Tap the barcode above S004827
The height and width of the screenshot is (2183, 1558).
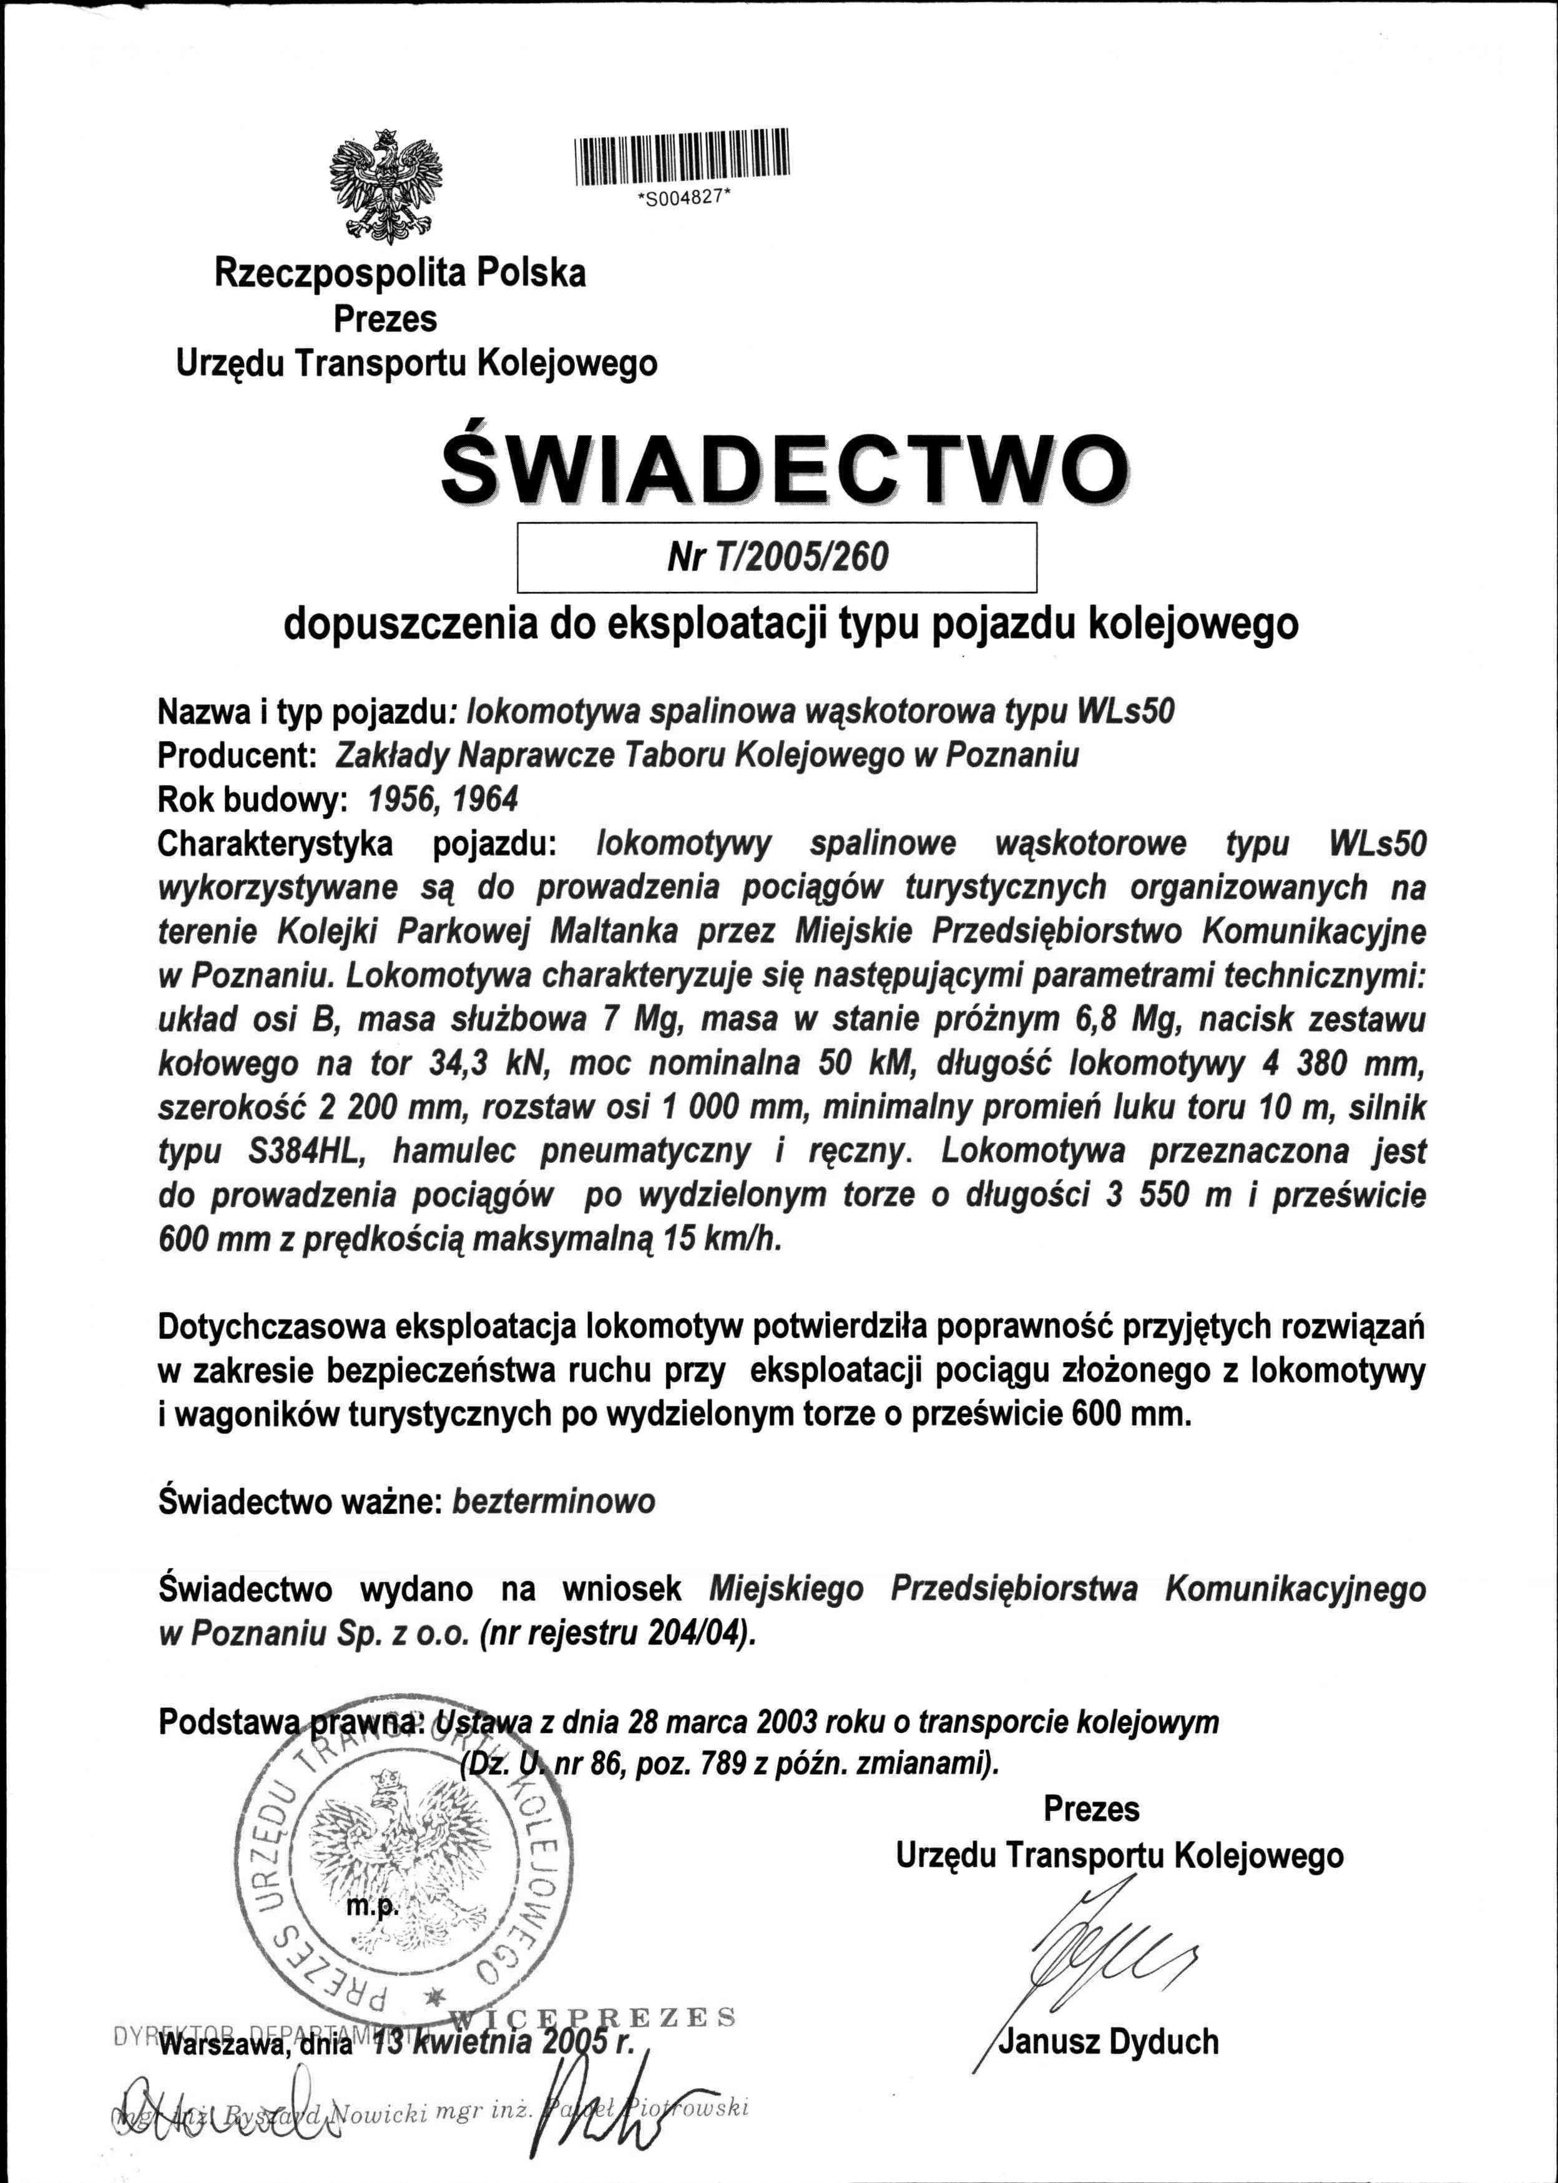(681, 155)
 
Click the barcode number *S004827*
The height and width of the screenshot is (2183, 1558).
(683, 200)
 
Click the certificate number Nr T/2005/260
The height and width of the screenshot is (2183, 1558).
(778, 557)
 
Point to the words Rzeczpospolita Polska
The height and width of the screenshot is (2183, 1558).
(399, 275)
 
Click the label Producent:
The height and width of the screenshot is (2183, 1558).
(237, 755)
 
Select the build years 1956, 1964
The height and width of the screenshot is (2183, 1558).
(436, 798)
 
